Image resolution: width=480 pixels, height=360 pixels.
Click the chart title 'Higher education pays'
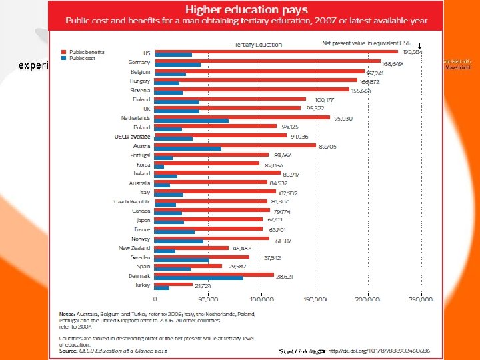point(246,9)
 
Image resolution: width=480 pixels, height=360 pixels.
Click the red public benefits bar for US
point(276,51)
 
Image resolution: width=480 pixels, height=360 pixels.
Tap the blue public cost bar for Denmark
point(199,277)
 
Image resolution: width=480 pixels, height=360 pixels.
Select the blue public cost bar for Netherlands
point(191,121)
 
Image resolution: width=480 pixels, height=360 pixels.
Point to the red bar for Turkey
point(173,283)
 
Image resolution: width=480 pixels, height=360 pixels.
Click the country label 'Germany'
point(139,62)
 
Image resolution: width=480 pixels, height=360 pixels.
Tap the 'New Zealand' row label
point(134,248)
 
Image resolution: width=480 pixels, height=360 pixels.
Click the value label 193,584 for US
point(414,52)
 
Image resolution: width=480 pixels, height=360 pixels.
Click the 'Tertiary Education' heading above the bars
point(257,45)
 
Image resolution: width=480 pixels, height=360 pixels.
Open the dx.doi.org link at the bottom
point(378,351)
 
